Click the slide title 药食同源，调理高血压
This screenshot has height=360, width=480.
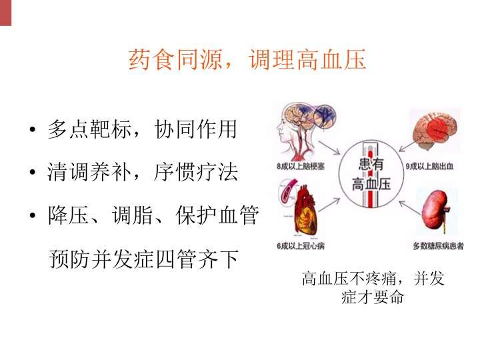tap(247, 59)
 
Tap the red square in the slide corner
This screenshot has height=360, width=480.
tap(5, 13)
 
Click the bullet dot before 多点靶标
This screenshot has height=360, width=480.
tap(33, 129)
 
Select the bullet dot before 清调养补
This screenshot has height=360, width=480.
tap(33, 172)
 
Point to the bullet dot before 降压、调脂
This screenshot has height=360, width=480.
tap(33, 215)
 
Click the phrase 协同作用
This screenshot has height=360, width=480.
tap(195, 129)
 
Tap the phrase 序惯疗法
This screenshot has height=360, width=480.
tap(195, 172)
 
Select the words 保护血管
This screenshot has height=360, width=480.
tap(217, 215)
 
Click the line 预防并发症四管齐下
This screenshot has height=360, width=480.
tap(143, 259)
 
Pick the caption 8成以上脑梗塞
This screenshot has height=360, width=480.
tap(300, 166)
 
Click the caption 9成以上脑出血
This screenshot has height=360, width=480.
tap(429, 166)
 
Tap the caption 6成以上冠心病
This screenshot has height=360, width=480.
tap(300, 245)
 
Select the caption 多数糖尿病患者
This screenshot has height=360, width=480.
tap(439, 245)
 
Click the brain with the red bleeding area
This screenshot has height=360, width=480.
tap(435, 130)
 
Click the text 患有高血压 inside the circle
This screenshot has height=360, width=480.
tap(371, 174)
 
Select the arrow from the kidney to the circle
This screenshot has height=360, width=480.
tap(410, 207)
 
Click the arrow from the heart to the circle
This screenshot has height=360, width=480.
tap(329, 205)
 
